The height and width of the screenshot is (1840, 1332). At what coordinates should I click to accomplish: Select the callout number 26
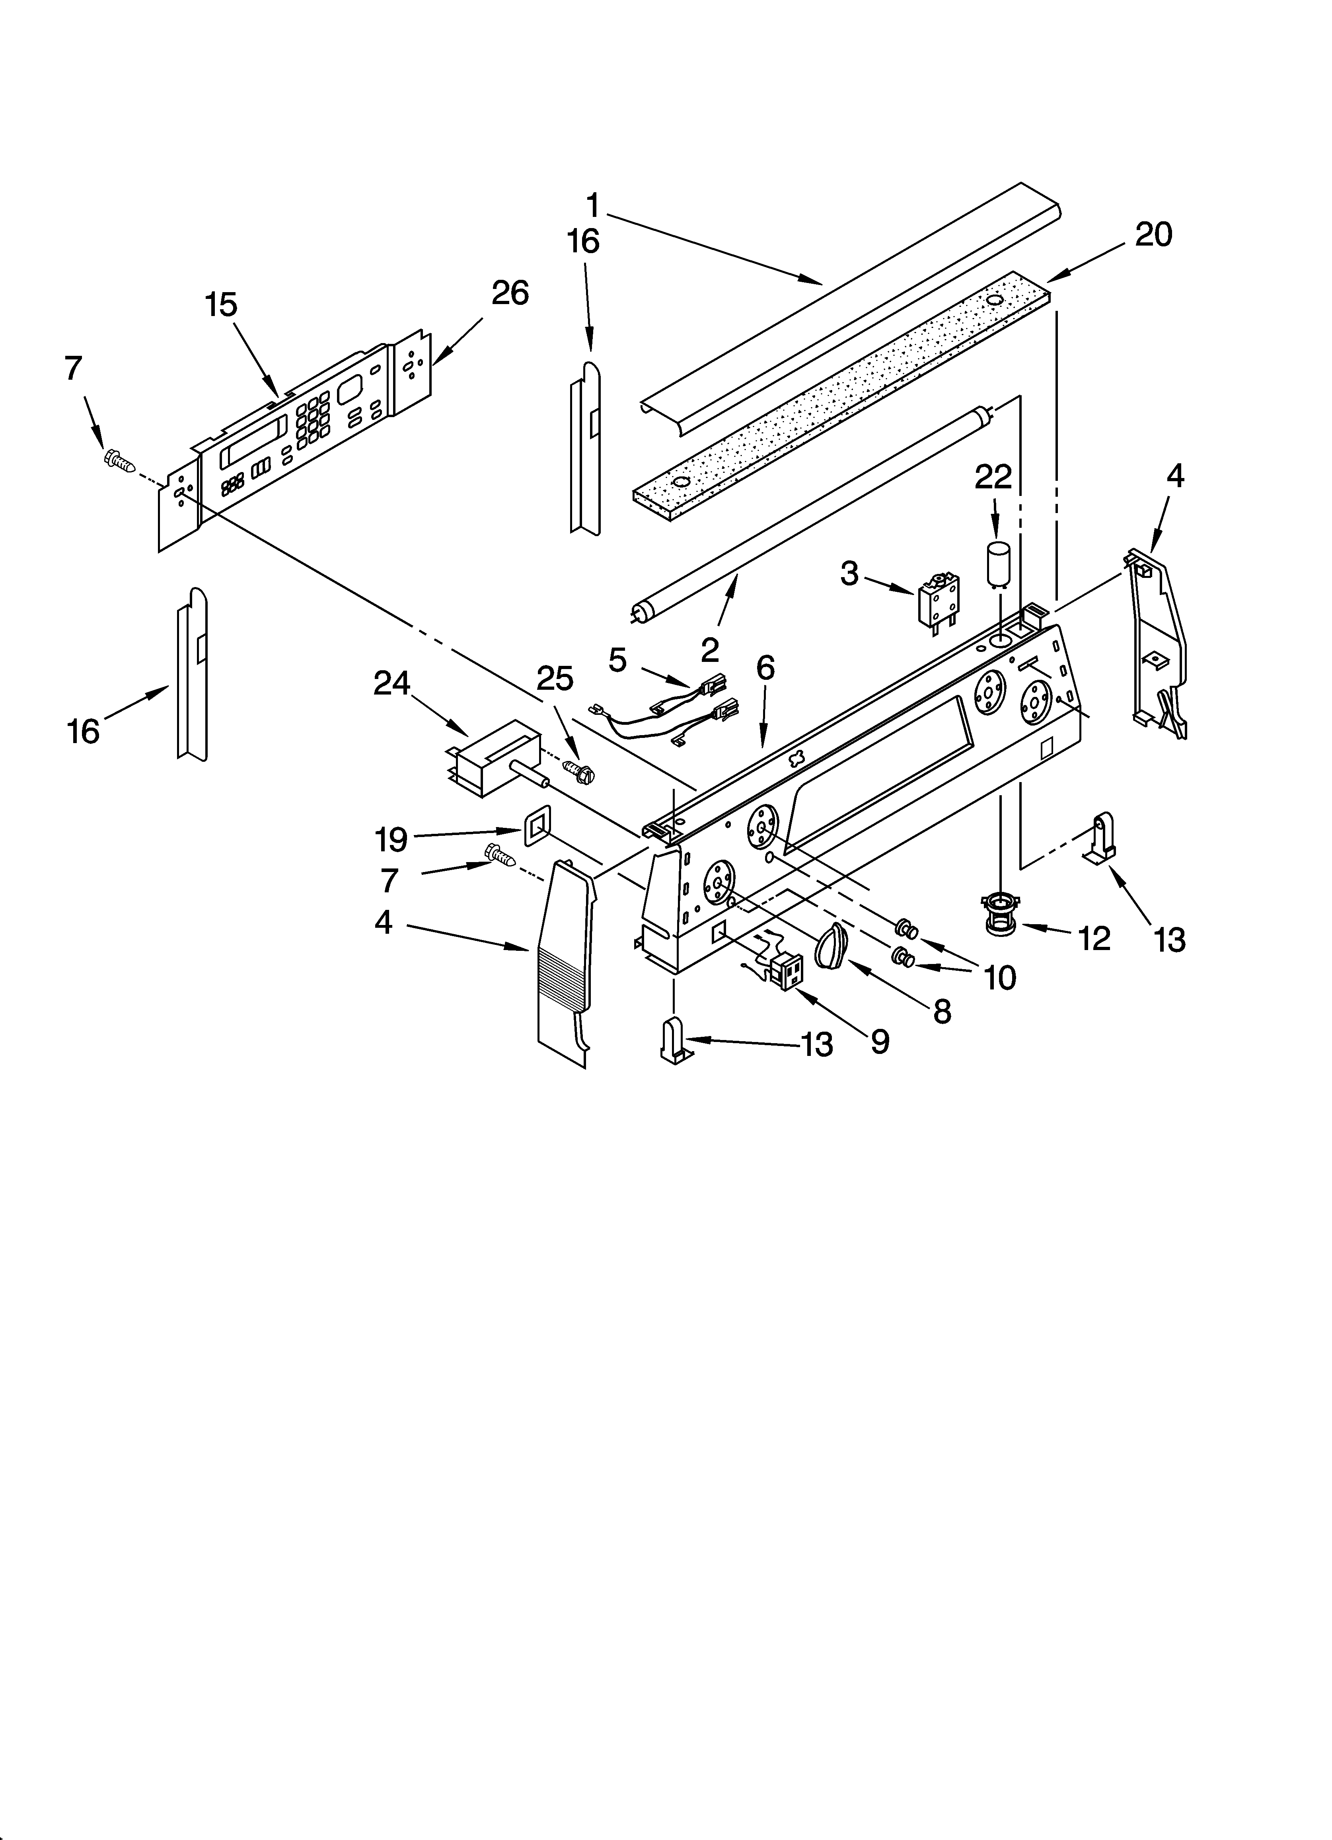tap(509, 292)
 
